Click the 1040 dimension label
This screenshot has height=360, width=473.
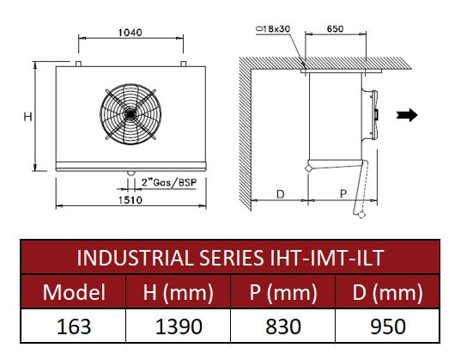coord(130,33)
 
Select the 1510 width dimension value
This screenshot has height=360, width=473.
coord(130,199)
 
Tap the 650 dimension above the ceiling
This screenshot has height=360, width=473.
coord(335,29)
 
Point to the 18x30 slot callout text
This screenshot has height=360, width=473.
coord(273,29)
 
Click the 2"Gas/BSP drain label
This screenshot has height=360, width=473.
coord(169,183)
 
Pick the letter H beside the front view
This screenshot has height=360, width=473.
coord(27,117)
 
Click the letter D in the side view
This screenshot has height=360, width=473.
coord(281,194)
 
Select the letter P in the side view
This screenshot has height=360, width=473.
coord(343,193)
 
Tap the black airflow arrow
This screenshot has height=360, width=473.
coord(407,115)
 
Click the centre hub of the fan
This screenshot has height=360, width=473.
coord(130,114)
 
